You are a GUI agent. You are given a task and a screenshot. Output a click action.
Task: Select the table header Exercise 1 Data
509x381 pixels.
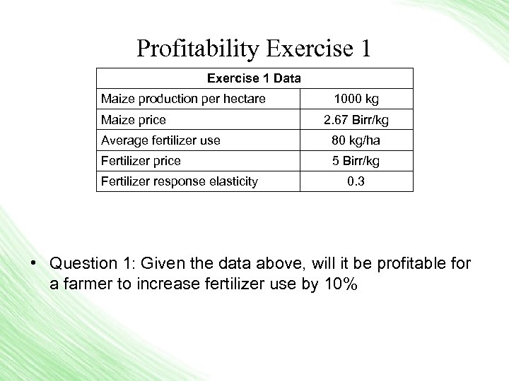254,78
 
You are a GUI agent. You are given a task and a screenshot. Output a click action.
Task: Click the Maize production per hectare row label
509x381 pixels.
183,99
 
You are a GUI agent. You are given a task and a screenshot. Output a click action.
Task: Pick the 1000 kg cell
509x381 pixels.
356,99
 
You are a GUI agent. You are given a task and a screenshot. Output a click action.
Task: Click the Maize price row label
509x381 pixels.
134,120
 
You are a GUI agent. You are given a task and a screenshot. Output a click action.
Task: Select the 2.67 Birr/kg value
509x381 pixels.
356,120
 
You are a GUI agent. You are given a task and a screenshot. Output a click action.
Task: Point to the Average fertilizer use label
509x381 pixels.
160,140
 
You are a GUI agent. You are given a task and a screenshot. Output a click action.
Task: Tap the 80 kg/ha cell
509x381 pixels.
356,140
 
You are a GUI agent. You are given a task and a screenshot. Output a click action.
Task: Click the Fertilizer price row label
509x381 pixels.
141,161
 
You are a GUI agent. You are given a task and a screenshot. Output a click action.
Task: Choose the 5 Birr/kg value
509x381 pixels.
356,161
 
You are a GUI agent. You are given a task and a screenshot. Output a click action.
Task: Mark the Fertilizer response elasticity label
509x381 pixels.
179,181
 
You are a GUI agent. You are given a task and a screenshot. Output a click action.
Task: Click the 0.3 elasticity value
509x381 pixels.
356,181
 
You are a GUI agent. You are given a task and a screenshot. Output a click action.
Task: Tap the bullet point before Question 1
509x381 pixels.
33,264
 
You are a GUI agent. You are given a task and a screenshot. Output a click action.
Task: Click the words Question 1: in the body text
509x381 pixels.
93,264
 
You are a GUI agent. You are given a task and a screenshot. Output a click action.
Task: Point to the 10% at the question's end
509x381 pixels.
341,285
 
